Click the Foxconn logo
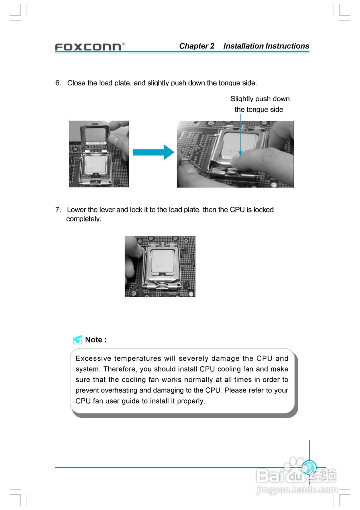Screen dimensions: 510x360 88,47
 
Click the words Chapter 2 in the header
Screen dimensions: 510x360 197,46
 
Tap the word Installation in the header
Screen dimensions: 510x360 243,46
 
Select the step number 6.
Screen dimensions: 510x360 58,83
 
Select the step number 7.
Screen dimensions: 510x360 58,210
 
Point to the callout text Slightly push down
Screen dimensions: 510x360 260,99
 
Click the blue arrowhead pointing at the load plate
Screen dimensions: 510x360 240,152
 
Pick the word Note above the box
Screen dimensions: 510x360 94,340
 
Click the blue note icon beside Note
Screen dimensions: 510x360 78,340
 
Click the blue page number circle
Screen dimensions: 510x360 309,467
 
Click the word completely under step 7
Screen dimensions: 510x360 84,219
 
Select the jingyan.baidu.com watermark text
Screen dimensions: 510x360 296,490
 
